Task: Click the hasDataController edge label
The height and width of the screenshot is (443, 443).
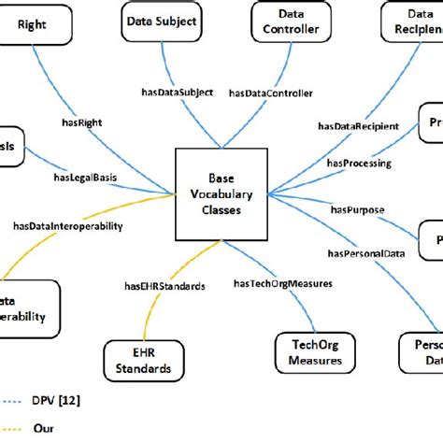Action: (270, 93)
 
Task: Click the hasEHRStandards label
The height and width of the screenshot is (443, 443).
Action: (164, 286)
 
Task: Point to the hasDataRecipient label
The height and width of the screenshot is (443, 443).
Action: (358, 126)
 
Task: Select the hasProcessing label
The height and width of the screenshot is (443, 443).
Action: (359, 164)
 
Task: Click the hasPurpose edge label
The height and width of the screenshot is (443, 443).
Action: (350, 210)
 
